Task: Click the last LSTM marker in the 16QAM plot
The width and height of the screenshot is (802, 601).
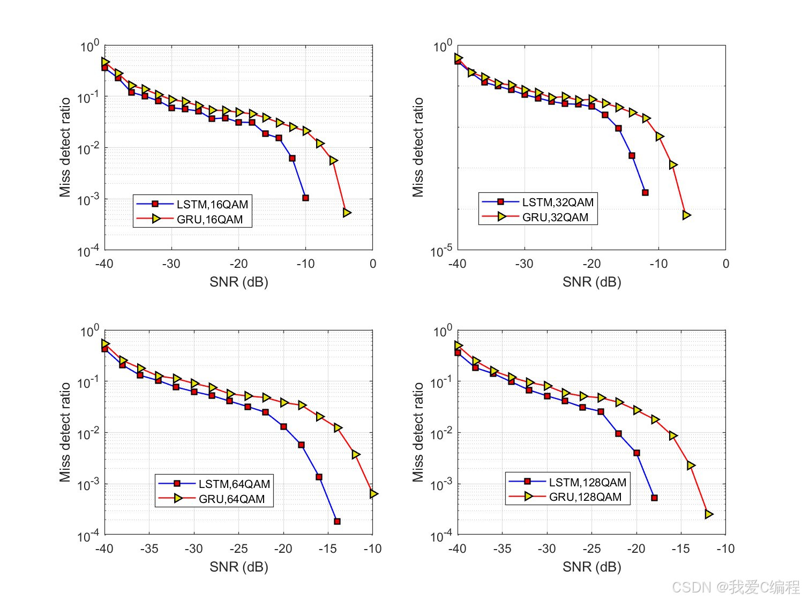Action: click(305, 198)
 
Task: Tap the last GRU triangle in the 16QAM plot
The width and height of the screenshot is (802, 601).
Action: click(347, 213)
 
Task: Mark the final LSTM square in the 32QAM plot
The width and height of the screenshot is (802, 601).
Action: click(645, 192)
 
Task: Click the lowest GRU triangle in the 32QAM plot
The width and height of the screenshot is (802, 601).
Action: click(686, 215)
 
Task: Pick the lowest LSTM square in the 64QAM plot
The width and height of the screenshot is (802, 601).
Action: click(337, 521)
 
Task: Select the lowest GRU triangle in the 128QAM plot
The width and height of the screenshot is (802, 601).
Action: click(709, 514)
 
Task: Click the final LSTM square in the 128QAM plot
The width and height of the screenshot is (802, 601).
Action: click(654, 498)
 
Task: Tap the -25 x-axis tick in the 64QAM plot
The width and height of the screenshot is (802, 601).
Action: click(238, 549)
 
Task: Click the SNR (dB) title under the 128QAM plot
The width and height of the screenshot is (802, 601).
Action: click(591, 567)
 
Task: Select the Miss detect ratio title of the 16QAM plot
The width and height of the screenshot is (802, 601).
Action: click(65, 147)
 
